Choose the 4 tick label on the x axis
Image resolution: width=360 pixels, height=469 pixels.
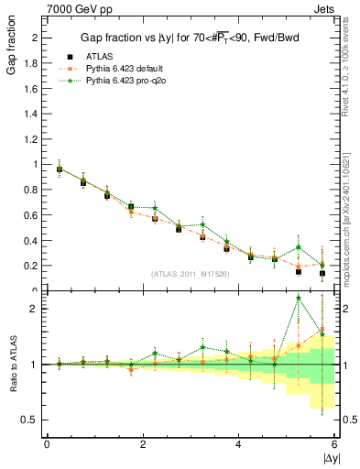[238, 445]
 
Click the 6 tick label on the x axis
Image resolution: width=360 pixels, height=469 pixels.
[334, 445]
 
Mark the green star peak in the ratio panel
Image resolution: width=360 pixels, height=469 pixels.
[299, 298]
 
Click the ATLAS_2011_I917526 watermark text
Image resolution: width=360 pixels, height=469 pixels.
[190, 275]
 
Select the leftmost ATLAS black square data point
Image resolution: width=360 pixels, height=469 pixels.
[60, 169]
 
